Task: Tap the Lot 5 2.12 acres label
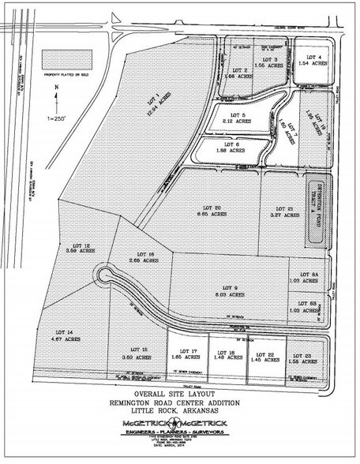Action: [232, 119]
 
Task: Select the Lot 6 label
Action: [232, 148]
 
